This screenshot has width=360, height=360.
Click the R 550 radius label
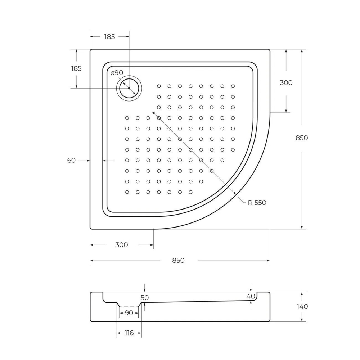[257, 203]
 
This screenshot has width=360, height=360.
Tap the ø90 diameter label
[117, 73]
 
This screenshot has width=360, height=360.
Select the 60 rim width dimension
[71, 161]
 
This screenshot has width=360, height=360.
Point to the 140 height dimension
[302, 307]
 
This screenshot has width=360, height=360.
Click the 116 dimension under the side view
[129, 333]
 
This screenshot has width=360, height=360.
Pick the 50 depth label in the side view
[145, 298]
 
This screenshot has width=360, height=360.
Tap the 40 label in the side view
[251, 296]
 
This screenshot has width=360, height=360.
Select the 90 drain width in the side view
[129, 313]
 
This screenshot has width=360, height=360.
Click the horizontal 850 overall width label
[178, 260]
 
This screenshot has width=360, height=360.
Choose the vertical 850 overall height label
[302, 138]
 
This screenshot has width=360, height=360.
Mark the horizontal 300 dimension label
[121, 245]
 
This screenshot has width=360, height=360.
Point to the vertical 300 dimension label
[286, 83]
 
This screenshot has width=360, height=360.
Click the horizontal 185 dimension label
[109, 37]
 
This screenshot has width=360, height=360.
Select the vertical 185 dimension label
[76, 68]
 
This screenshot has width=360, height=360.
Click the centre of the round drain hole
[129, 88]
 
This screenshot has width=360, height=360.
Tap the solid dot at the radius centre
[153, 113]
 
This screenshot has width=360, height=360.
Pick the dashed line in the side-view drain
[129, 307]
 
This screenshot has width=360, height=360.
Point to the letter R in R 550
[250, 203]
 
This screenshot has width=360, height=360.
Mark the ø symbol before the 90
[112, 73]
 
